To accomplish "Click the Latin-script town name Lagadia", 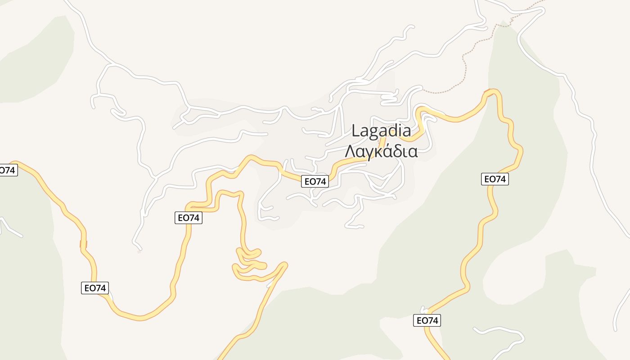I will (381, 131).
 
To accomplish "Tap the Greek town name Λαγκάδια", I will (381, 152).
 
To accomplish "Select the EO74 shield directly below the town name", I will (315, 181).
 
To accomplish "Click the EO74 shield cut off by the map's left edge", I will (8, 171).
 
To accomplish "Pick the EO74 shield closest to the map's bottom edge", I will (427, 320).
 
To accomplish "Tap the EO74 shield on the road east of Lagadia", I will (495, 179).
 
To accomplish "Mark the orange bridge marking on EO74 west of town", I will (83, 244).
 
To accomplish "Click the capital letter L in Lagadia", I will (356, 131).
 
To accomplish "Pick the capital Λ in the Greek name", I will (350, 152).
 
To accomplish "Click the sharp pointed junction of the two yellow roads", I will (284, 265).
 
